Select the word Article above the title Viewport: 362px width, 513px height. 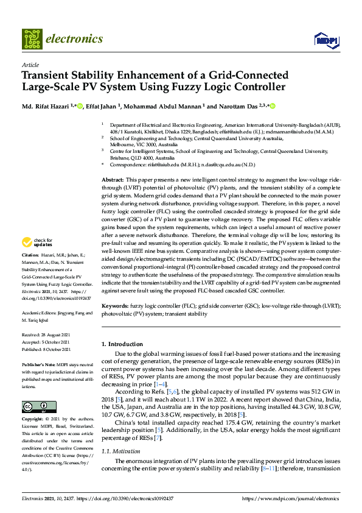coord(30,65)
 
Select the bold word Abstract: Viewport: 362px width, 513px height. coord(112,180)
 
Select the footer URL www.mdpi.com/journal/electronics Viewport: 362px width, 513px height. coord(291,498)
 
